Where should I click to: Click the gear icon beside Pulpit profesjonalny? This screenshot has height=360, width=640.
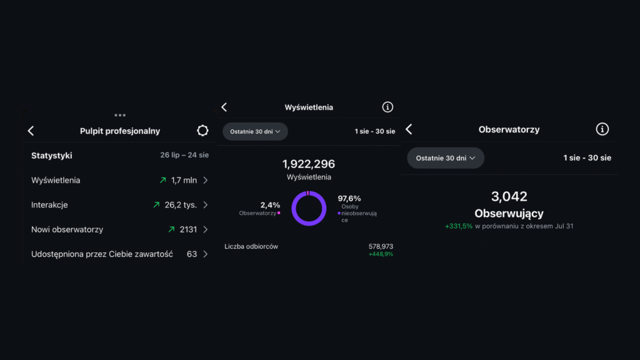[x=202, y=131]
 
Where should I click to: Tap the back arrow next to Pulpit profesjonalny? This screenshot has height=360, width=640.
[x=31, y=131]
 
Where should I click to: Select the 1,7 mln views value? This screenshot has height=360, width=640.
[x=184, y=180]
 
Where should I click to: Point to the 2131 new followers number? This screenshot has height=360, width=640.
[x=188, y=229]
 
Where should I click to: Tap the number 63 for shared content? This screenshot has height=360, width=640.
[x=192, y=254]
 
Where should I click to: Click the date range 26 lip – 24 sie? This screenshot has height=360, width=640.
[x=184, y=155]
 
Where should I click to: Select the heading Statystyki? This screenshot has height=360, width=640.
[x=52, y=155]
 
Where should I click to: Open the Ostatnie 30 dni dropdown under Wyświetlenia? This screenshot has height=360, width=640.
[x=255, y=131]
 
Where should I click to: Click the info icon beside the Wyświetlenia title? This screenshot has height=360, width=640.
[x=387, y=107]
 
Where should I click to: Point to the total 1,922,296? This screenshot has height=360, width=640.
[x=309, y=164]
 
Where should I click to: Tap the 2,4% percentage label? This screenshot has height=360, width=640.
[x=270, y=204]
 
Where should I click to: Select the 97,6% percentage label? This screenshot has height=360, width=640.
[x=349, y=199]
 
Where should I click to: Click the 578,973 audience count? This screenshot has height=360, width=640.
[x=381, y=246]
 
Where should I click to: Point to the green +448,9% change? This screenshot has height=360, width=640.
[x=381, y=254]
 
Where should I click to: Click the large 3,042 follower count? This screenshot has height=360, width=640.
[x=509, y=196]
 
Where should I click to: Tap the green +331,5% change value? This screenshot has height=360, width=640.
[x=459, y=226]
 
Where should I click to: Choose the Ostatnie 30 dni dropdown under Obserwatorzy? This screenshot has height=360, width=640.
[x=446, y=158]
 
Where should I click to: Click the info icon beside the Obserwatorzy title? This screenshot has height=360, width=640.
[x=602, y=129]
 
